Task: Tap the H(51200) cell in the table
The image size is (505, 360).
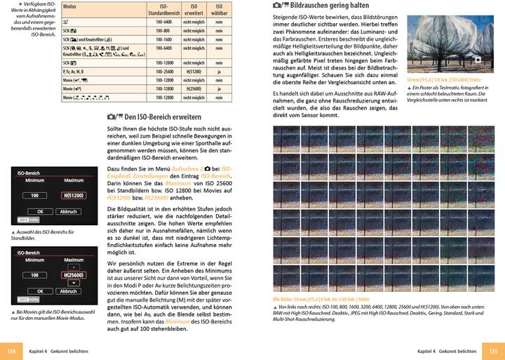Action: point(194,71)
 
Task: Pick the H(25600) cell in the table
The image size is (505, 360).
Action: point(194,89)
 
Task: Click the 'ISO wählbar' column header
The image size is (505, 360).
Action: point(220,8)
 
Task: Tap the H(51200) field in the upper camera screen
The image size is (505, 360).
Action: point(73,195)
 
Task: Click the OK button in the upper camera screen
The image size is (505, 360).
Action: point(41,211)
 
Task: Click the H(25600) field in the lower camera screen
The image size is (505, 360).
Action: point(73,275)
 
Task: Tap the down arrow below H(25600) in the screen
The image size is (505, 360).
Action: point(73,284)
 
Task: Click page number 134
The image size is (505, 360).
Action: point(11,351)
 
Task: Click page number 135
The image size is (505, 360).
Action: point(493,351)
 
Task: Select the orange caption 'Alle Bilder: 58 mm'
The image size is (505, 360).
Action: point(295,300)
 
